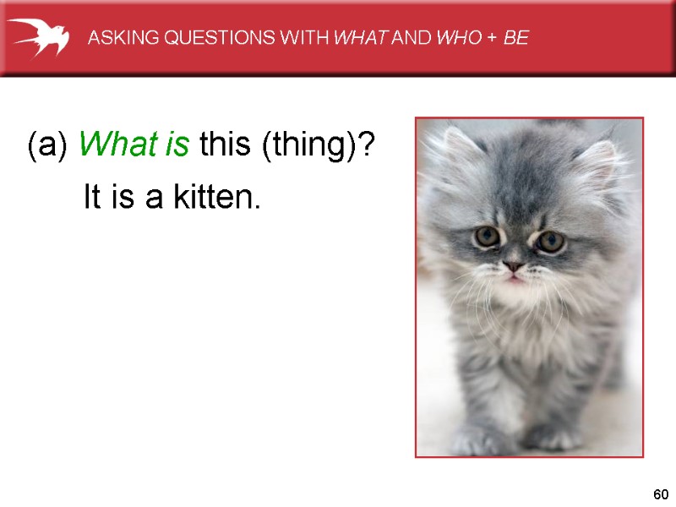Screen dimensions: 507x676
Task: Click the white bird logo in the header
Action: point(38,37)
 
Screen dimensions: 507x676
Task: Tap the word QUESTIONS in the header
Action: point(199,38)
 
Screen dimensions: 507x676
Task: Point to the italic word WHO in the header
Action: point(453,38)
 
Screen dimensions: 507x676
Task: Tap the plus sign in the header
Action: point(491,38)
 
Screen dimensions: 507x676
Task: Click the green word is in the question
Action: point(177,146)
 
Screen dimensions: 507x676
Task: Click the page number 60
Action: point(661,494)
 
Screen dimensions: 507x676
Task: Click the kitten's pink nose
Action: point(513,267)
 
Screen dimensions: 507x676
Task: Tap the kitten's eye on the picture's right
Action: point(550,242)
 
